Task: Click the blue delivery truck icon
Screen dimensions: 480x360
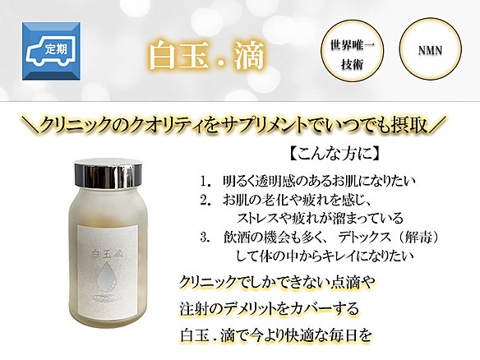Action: (x=51, y=51)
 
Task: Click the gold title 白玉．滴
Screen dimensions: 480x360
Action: (x=206, y=56)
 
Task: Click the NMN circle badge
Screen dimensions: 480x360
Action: (x=430, y=49)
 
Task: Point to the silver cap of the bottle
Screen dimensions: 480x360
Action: (x=108, y=173)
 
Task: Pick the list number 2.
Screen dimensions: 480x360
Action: (x=205, y=201)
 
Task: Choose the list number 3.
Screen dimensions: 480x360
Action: (x=205, y=238)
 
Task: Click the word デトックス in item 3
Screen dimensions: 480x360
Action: (x=365, y=238)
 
